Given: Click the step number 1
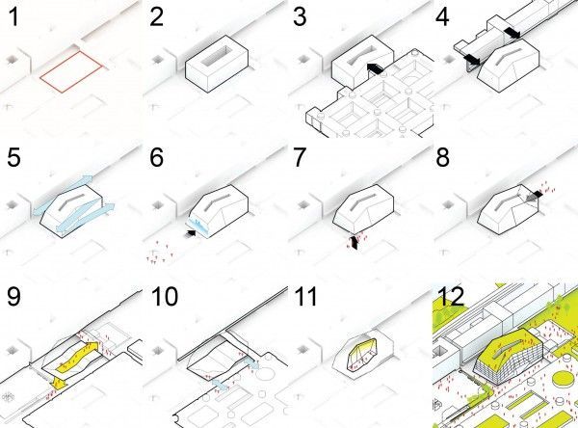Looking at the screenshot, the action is [x=13, y=17].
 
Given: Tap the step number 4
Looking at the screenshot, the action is [x=442, y=17].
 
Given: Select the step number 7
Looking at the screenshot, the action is [x=300, y=157].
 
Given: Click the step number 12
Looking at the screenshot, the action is [x=452, y=296].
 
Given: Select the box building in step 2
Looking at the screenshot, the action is [x=217, y=64].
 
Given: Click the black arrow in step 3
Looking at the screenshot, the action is [x=376, y=68].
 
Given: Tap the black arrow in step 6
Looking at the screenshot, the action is [x=192, y=233].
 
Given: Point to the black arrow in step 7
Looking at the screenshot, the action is [x=355, y=242].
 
